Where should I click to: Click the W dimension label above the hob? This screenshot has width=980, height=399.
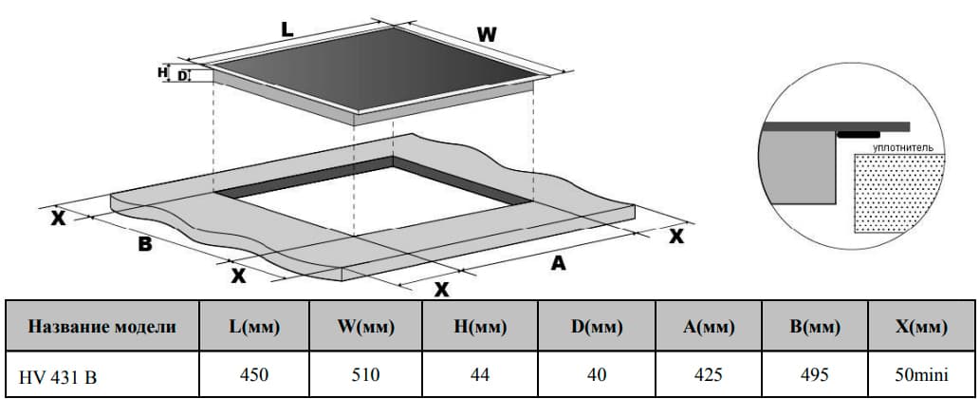coord(487,35)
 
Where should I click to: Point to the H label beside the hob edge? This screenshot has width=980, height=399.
coord(162,72)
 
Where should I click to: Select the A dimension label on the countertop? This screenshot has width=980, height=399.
coord(558,264)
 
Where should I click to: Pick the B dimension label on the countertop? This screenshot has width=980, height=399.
coord(145,244)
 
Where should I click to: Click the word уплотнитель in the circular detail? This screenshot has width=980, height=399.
coord(903,147)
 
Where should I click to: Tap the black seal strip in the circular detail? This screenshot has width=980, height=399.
coord(859,135)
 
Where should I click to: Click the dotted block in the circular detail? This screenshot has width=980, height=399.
coord(898,194)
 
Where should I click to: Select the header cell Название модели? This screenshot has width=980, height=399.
coord(102,326)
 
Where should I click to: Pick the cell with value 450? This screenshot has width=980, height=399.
coord(254,375)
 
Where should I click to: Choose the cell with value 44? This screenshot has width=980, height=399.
coord(480,375)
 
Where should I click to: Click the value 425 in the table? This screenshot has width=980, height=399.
coord(708,375)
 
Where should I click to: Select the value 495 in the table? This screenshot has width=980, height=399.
coord(814,375)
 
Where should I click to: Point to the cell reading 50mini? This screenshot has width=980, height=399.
coord(922,375)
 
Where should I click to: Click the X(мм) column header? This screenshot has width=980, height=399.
coord(922,326)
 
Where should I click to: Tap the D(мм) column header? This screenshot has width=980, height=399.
coord(596,326)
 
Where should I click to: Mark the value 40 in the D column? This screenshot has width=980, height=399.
coord(597,375)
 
